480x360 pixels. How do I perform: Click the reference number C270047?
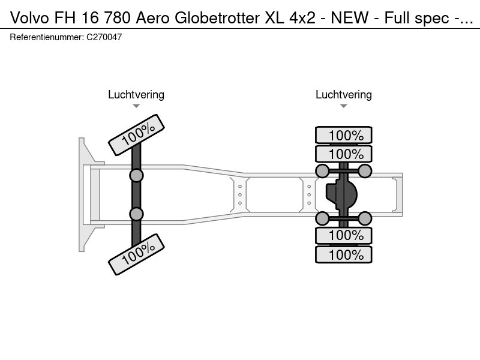[x=105, y=37]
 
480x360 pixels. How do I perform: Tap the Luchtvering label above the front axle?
[x=136, y=95]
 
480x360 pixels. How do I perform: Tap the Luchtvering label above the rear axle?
[x=344, y=95]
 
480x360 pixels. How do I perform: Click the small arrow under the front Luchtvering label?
[x=136, y=106]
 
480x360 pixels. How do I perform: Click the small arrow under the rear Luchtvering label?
[x=344, y=106]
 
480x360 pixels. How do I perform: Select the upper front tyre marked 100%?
[x=137, y=135]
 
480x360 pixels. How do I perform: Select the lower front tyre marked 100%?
[x=137, y=254]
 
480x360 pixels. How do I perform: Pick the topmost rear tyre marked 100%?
[x=344, y=136]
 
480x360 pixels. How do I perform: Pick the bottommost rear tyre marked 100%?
[x=344, y=254]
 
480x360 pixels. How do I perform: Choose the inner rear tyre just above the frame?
[x=344, y=154]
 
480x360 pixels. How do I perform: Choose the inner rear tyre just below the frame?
[x=344, y=235]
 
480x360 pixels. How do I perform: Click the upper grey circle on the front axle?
[x=137, y=175]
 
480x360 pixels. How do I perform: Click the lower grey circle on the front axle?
[x=137, y=214]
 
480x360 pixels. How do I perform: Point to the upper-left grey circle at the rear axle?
[x=322, y=172]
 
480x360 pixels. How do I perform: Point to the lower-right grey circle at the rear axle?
[x=365, y=218]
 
